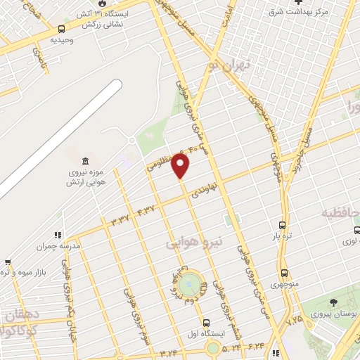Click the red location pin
tap(181, 166)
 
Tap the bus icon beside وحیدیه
tap(63, 29)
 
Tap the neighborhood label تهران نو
tap(223, 67)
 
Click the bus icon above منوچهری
tap(284, 273)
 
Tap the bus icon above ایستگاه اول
tap(205, 323)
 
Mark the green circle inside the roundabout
tap(188, 285)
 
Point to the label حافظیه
tap(340, 213)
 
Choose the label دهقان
tap(20, 314)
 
